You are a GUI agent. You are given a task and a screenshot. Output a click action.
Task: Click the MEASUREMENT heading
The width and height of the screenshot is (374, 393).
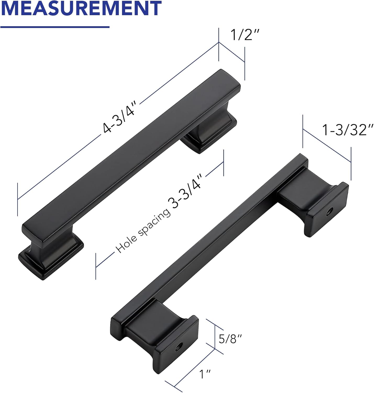click(81, 8)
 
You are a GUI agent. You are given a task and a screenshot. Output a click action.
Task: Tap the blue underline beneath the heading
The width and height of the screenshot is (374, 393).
click(54, 27)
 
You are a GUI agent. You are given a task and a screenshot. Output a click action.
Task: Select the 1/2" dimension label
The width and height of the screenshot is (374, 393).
click(245, 35)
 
